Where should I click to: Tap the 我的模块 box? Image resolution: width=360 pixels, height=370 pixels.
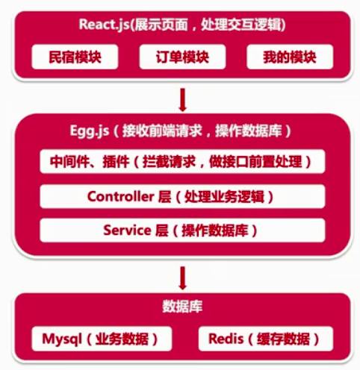coord(288,57)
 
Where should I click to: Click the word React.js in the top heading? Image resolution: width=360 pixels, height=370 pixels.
coord(103,24)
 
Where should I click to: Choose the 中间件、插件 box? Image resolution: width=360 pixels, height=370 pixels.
coord(179,160)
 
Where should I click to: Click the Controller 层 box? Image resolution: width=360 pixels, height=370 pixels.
coord(179,196)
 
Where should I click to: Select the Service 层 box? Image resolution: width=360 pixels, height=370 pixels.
coord(179,230)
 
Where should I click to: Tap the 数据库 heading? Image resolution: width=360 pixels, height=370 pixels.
coord(179,307)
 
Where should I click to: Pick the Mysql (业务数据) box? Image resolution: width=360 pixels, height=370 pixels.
coord(96,339)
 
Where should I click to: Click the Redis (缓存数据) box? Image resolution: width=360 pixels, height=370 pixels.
coord(266,339)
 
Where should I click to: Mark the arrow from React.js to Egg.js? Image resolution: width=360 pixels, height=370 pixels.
coord(181,97)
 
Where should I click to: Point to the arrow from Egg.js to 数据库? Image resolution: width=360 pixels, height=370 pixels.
coord(181,277)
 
